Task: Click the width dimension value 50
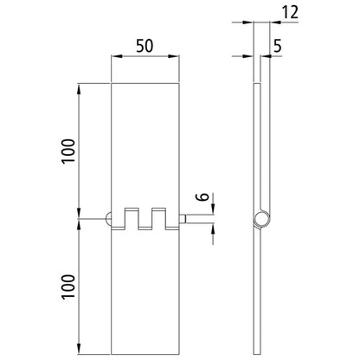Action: [145, 46]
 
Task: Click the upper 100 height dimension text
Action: [68, 150]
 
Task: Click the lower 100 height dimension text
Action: [68, 286]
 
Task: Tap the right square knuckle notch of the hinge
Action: [158, 216]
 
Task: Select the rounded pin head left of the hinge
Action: [108, 220]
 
